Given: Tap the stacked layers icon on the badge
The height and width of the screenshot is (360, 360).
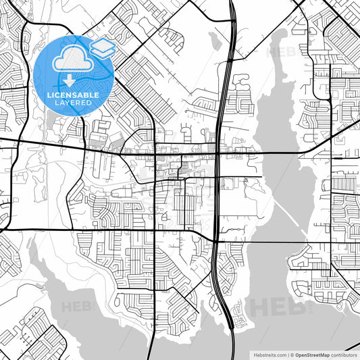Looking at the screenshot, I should [101, 48].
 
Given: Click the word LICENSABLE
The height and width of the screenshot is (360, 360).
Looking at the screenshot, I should [72, 95].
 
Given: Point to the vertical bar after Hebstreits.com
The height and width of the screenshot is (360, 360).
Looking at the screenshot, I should [286, 355].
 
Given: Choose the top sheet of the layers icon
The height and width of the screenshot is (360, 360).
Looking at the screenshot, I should [101, 45].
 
